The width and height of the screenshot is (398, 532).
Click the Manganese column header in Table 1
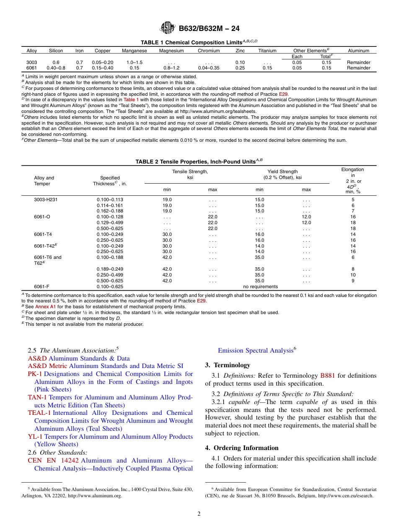click(134, 51)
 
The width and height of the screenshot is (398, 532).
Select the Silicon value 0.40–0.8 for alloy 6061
click(56, 68)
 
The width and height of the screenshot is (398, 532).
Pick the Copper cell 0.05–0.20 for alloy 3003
click(102, 62)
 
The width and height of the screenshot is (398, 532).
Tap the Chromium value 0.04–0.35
click(209, 68)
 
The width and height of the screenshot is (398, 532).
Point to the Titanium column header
click(267, 51)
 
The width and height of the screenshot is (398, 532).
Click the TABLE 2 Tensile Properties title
click(199, 161)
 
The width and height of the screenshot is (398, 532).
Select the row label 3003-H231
click(46, 199)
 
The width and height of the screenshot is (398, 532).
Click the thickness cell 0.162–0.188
click(110, 211)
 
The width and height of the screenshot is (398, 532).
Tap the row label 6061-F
click(41, 286)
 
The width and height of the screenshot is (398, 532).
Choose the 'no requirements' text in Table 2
click(260, 286)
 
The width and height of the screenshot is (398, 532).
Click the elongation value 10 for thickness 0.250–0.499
click(353, 275)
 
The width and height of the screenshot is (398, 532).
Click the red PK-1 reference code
click(35, 374)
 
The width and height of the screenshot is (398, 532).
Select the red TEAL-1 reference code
click(39, 413)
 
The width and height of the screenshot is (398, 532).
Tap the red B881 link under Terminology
click(327, 376)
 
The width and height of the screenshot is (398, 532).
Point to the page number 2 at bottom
click(199, 514)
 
